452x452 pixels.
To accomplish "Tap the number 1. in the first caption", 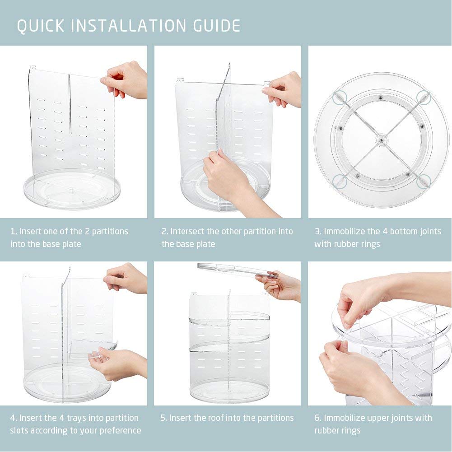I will point(14,232).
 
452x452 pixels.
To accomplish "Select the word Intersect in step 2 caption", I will point(187,232).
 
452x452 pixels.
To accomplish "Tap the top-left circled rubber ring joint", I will point(340,96).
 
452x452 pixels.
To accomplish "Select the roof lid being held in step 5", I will point(235,270).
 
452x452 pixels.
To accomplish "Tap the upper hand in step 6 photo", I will point(361,298).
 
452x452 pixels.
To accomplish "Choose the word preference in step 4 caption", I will point(118,431).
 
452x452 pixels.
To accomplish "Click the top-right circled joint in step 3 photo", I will point(423,96).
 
